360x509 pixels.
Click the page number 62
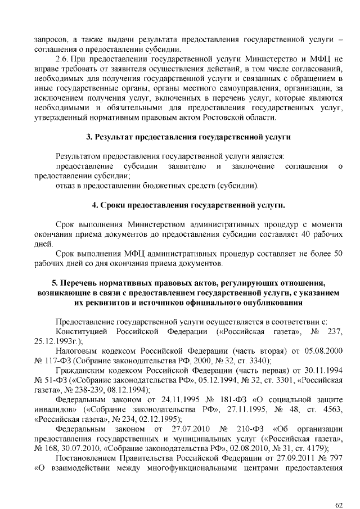point(339,489)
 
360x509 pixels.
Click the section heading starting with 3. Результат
point(188,137)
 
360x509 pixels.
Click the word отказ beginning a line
point(66,186)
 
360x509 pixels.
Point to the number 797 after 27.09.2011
point(336,458)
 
